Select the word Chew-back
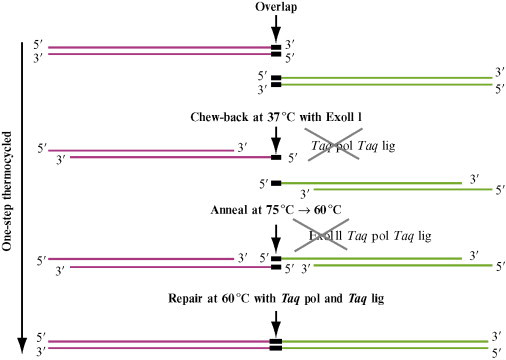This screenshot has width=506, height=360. tap(220, 117)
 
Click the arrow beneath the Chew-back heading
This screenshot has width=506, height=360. tap(275, 138)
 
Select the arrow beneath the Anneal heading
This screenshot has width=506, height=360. tap(275, 234)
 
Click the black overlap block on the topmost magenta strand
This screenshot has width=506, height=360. tap(275, 47)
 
